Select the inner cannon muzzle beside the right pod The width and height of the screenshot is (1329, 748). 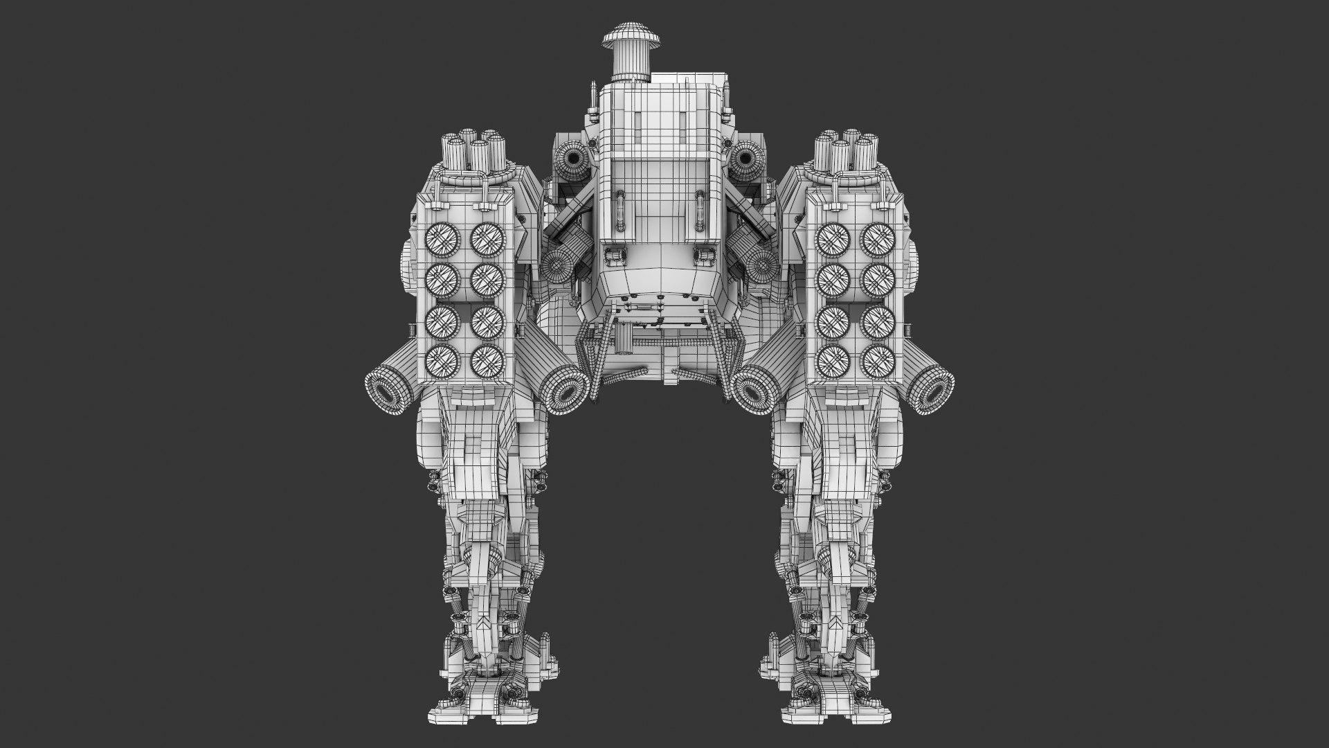click(x=753, y=392)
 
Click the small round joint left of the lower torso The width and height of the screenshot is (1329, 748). click(x=556, y=264)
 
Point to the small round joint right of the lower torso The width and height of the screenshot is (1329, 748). click(x=761, y=265)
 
